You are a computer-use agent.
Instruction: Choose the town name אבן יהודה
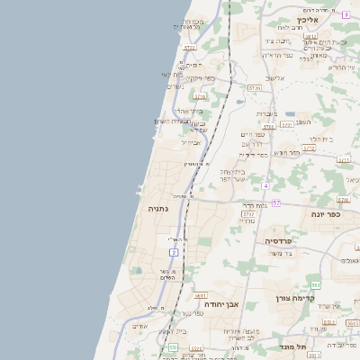220,304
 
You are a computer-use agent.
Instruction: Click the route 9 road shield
346,14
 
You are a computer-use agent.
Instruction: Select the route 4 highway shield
266,186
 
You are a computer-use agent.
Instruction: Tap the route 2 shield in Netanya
174,253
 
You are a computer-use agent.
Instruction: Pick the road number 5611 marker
200,295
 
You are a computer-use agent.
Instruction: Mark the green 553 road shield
173,346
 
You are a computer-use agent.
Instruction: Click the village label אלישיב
274,78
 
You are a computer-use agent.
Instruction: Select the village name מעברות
267,113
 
